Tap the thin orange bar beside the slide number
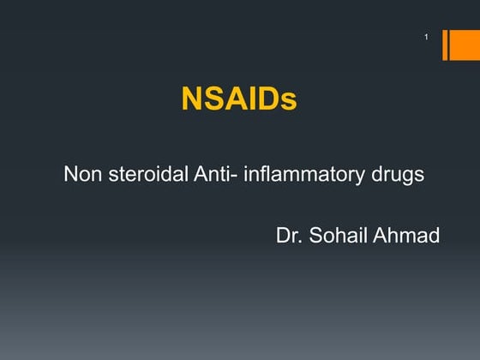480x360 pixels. (x=445, y=45)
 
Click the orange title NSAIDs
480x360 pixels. (x=239, y=99)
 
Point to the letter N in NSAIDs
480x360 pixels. (x=191, y=99)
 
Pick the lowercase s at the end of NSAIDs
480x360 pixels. (x=290, y=102)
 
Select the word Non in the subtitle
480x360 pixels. (x=81, y=176)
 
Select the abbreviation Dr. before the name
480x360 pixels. (x=289, y=234)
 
